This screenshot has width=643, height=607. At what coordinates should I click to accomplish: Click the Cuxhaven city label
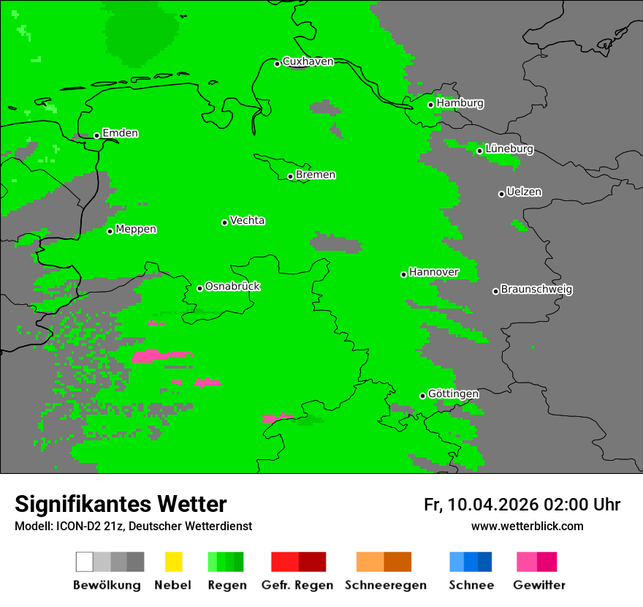click(308, 61)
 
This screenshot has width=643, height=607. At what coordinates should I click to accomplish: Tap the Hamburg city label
click(460, 103)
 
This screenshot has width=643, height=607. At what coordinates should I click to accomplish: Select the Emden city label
click(120, 133)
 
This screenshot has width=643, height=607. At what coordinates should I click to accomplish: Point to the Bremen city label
click(316, 175)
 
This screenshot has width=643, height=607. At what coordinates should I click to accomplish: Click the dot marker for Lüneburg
click(480, 151)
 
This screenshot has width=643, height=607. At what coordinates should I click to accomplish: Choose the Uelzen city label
click(524, 192)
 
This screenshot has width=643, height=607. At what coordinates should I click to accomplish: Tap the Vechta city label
click(247, 220)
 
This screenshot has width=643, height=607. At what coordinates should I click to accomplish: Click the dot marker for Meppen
click(110, 231)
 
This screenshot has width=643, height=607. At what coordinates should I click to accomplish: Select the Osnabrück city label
click(232, 286)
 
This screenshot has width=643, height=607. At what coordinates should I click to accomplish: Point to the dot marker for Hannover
click(404, 274)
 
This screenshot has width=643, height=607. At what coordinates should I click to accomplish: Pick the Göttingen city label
click(453, 393)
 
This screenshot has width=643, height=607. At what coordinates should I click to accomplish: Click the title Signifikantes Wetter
click(121, 504)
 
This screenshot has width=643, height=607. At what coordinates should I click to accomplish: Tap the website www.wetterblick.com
click(527, 526)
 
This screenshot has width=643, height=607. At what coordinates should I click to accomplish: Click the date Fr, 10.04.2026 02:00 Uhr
click(522, 505)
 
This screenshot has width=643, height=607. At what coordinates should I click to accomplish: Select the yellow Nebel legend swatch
click(173, 562)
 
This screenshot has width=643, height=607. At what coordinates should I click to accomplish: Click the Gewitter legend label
click(539, 585)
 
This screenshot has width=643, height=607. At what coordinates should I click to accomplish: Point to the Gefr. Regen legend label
click(297, 585)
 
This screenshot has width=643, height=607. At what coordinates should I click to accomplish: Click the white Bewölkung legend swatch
click(85, 562)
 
